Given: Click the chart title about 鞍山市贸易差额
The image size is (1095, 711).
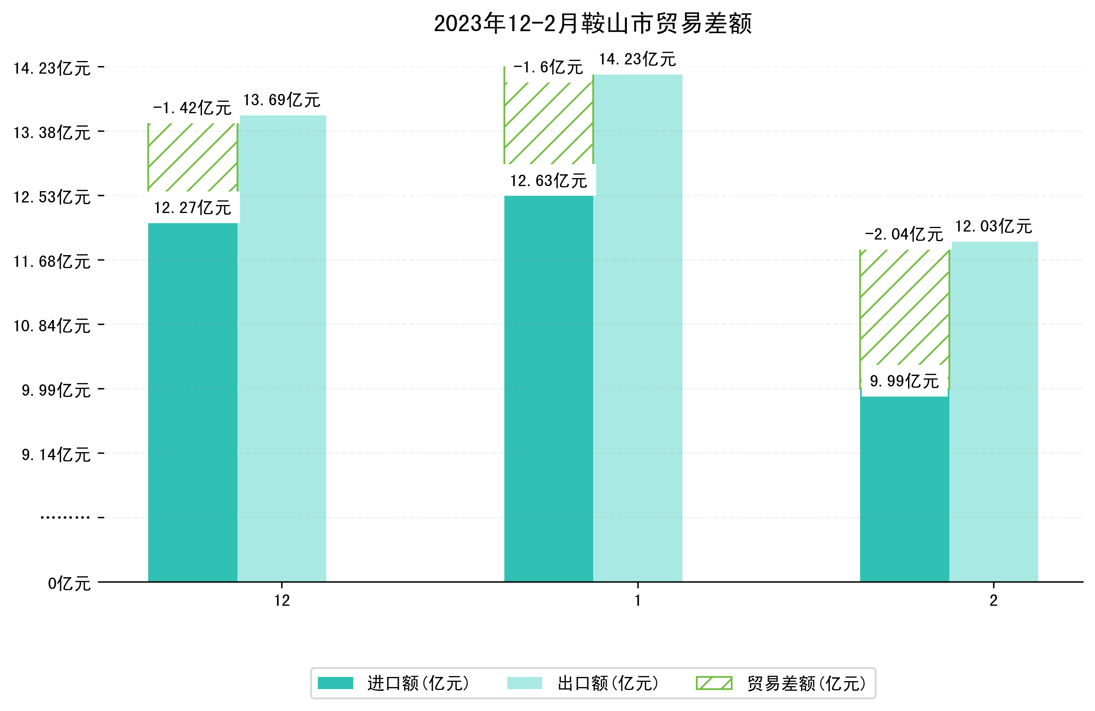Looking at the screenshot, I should [593, 24].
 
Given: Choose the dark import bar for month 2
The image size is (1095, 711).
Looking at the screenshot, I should [904, 488].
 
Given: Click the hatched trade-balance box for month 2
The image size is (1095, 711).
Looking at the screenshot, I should [904, 308].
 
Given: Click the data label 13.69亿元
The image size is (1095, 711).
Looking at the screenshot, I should [282, 100].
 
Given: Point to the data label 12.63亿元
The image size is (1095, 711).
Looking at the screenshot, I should [549, 181].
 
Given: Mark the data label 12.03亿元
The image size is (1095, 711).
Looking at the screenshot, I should [993, 226].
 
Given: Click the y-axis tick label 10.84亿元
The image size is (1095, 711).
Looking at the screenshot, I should [52, 326].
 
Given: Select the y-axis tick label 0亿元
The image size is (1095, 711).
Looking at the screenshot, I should [69, 583].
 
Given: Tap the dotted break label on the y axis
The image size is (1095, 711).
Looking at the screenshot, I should [65, 518].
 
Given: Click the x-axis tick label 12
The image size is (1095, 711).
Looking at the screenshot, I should [282, 601].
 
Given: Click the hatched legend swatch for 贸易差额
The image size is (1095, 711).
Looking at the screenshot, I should [714, 683].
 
